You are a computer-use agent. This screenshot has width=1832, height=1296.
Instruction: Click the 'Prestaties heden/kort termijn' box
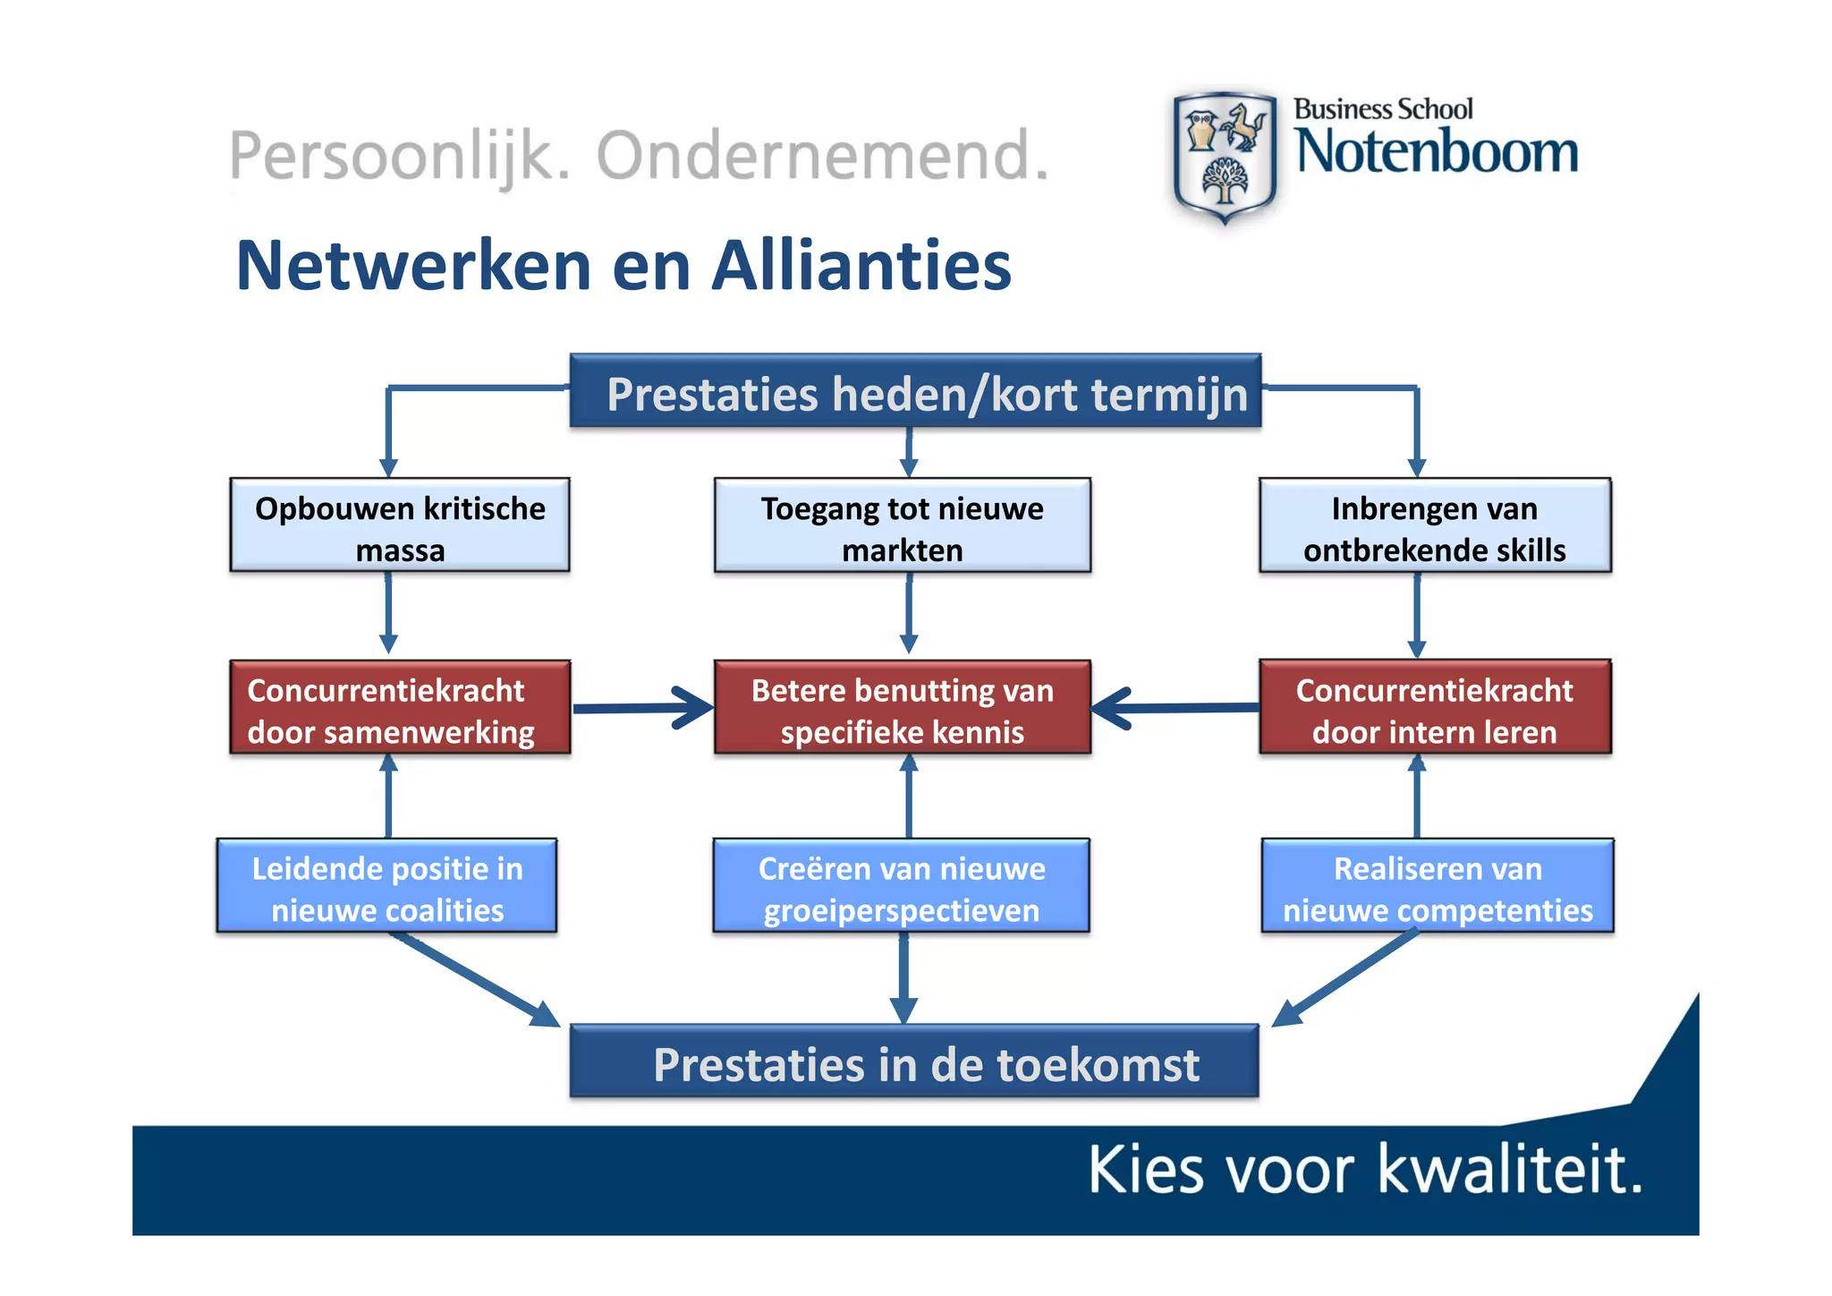point(915,393)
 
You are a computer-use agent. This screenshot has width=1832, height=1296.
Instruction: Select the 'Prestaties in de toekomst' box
point(914,1062)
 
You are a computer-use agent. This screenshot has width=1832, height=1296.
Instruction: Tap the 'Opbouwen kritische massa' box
point(400,526)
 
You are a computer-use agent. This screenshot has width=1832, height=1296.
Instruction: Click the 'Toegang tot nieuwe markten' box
point(902,526)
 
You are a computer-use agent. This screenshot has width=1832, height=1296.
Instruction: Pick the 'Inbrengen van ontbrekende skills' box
point(1435,526)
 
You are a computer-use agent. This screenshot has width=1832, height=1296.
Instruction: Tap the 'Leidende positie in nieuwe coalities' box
point(386,887)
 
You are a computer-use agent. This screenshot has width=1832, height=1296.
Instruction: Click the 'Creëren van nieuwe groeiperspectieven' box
point(901,887)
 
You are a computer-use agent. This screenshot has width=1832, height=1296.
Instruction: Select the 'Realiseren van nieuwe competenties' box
point(1438,887)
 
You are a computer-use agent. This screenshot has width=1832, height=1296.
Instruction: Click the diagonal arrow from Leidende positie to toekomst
point(474,979)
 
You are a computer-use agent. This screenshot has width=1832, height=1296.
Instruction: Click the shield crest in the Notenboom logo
point(1225,157)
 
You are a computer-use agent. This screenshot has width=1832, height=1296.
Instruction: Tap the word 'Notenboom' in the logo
point(1437,152)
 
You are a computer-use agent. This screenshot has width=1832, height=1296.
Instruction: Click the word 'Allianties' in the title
point(861,266)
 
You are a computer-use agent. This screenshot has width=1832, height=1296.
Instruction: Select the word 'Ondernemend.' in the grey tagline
point(822,157)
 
